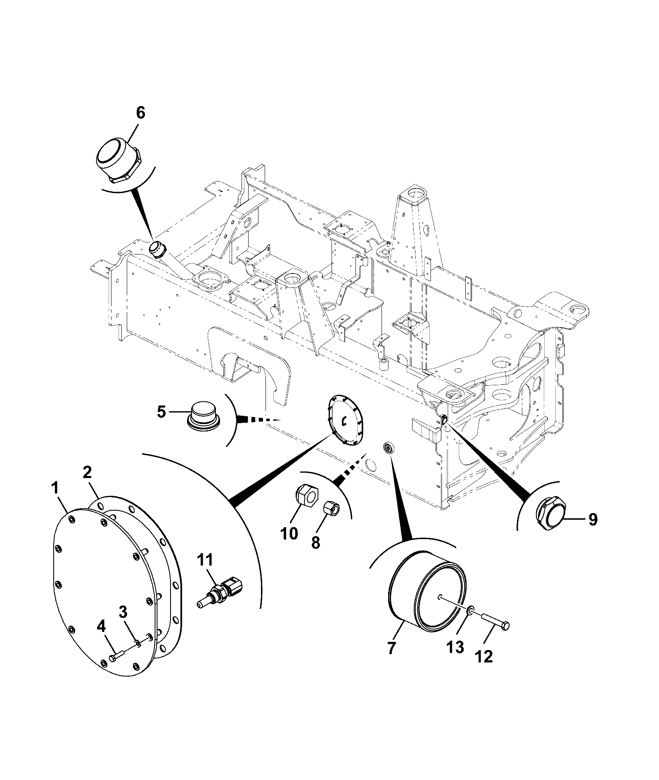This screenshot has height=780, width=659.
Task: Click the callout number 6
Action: click(140, 113)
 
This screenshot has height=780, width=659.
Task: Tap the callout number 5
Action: click(161, 412)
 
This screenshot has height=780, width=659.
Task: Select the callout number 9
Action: click(593, 520)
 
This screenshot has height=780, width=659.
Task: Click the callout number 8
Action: click(315, 542)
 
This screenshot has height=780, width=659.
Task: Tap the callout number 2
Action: click(87, 472)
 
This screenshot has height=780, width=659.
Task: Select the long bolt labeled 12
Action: click(495, 632)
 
